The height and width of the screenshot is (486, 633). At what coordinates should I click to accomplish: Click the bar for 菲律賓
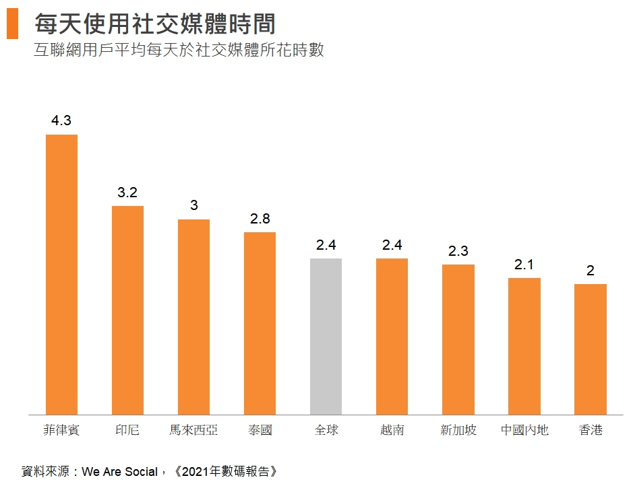click(x=61, y=274)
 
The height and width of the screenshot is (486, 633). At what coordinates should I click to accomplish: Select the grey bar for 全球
click(x=326, y=336)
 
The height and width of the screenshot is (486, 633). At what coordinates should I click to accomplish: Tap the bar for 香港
click(x=590, y=349)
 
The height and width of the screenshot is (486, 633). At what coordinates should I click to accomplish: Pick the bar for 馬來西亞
click(x=193, y=316)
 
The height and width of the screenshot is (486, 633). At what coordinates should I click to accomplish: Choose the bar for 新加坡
click(x=458, y=339)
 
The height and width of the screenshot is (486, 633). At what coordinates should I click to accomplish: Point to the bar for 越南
click(x=392, y=336)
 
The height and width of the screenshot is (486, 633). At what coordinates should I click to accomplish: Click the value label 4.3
click(x=61, y=121)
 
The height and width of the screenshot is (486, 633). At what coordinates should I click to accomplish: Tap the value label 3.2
click(x=127, y=193)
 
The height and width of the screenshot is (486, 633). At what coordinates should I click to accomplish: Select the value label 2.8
click(x=260, y=219)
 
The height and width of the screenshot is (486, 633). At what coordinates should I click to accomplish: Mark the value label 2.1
click(x=524, y=265)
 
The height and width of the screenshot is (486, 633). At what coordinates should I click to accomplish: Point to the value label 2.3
click(x=458, y=251)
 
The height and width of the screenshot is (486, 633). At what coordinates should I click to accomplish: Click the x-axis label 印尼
click(x=127, y=429)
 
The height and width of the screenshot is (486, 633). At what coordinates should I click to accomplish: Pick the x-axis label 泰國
click(x=260, y=429)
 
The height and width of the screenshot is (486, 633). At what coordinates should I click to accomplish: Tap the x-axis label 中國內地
click(x=524, y=429)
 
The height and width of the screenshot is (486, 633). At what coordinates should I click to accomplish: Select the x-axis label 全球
click(x=326, y=429)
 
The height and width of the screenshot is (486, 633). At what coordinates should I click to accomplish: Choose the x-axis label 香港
click(x=591, y=429)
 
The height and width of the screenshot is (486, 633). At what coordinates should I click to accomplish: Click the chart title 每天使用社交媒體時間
click(x=155, y=25)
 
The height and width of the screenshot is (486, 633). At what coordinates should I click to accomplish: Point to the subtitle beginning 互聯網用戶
click(x=179, y=50)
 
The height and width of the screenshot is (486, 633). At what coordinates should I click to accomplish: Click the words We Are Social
click(x=119, y=471)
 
